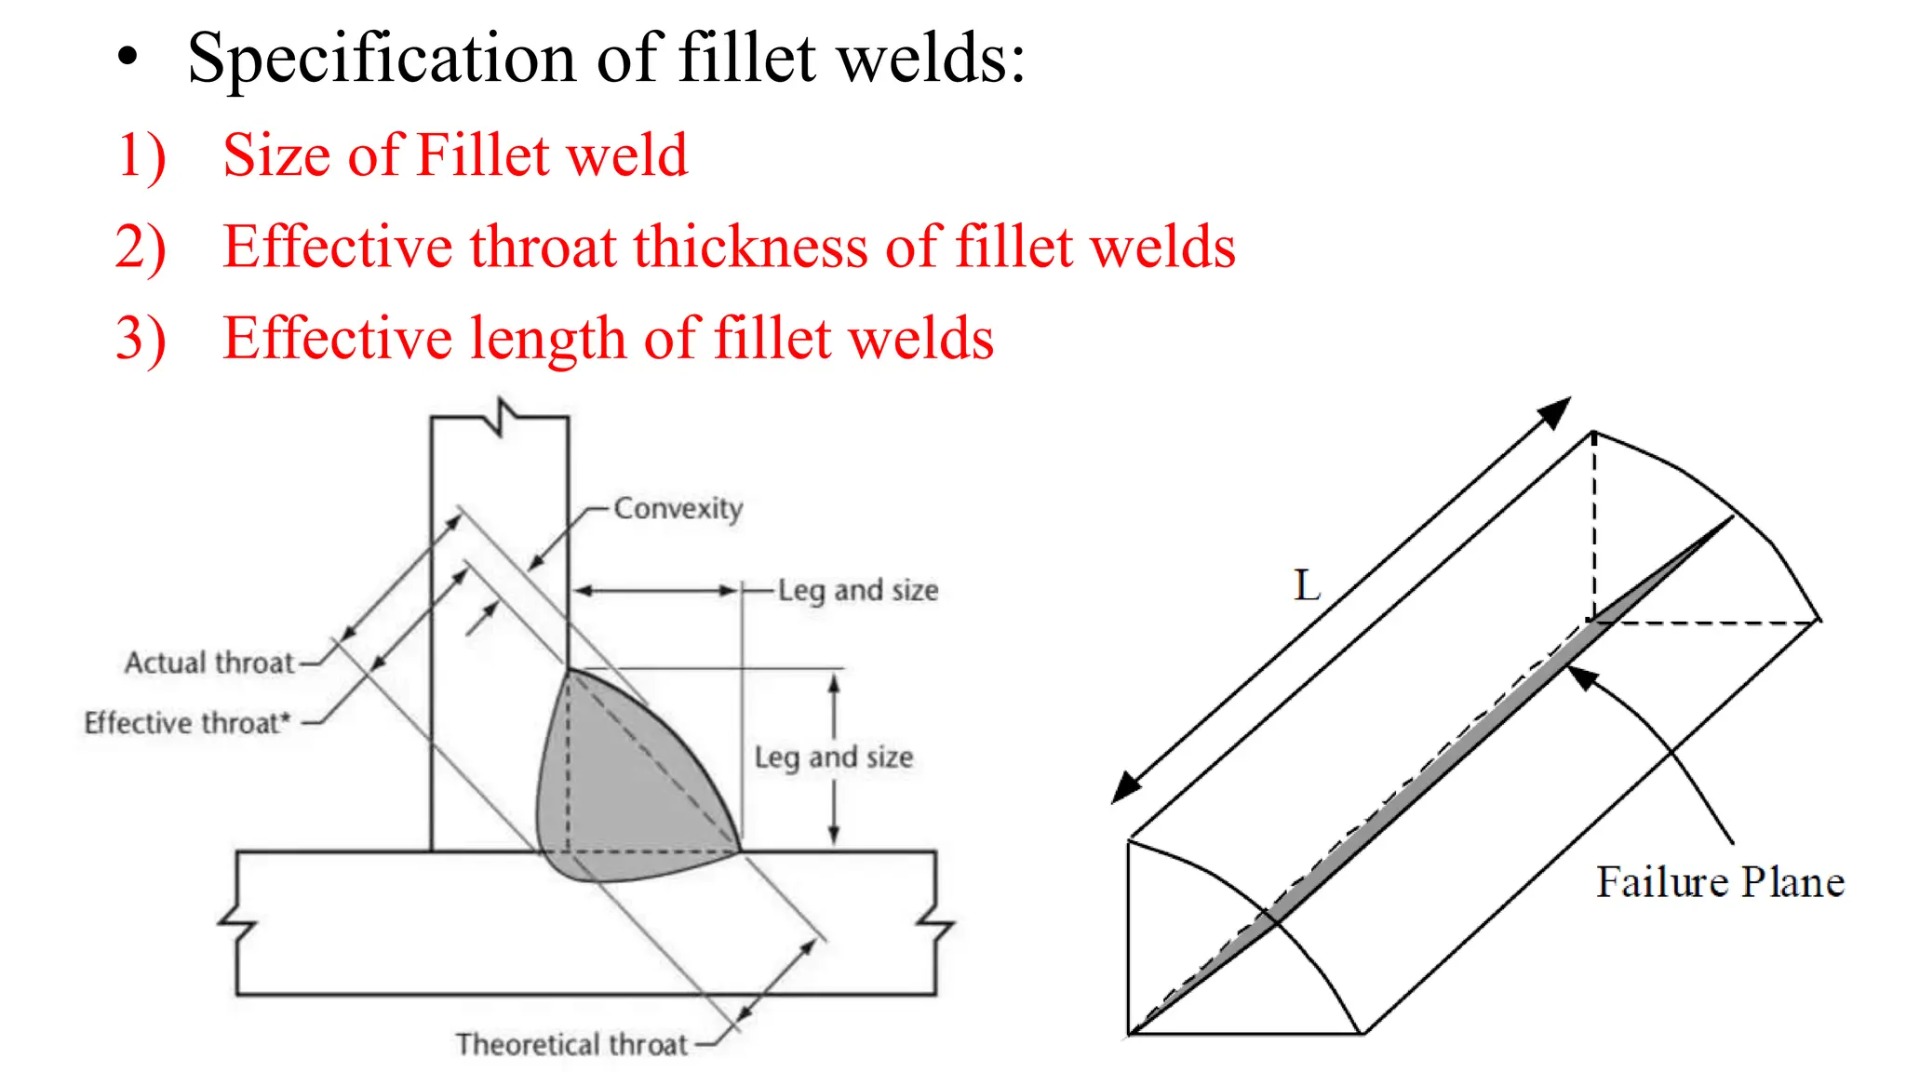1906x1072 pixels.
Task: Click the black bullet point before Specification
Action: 128,58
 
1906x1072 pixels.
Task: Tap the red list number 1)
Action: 141,155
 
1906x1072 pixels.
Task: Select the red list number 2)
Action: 141,248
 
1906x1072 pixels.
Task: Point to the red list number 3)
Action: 141,339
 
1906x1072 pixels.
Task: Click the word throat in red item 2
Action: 544,248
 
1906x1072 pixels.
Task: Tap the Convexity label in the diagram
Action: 678,509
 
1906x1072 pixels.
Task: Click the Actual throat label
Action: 209,663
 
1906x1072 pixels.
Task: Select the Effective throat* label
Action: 187,723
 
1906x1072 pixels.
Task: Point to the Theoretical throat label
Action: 571,1044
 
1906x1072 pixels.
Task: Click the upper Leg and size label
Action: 858,591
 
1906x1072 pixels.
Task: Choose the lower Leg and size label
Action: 834,757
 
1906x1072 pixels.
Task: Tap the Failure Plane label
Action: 1720,882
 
